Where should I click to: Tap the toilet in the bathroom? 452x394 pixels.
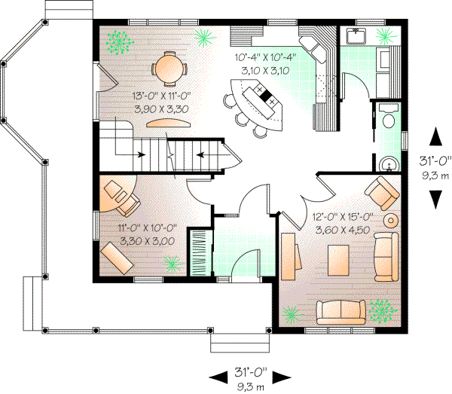click(x=389, y=119)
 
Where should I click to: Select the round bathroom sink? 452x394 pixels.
click(x=389, y=163)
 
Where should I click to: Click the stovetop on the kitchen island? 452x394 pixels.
click(x=265, y=96)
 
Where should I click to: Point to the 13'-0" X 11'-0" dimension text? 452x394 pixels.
click(x=160, y=97)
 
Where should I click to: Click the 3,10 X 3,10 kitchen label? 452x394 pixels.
click(x=264, y=70)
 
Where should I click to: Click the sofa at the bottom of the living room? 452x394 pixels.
click(x=343, y=312)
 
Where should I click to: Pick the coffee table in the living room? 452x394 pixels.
click(x=339, y=260)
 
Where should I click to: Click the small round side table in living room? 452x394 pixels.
click(x=392, y=221)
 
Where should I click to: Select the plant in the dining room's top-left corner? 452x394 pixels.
click(x=117, y=43)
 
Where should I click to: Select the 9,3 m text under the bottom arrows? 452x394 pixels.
click(x=249, y=387)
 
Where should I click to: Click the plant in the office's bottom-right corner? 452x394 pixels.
click(x=173, y=264)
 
